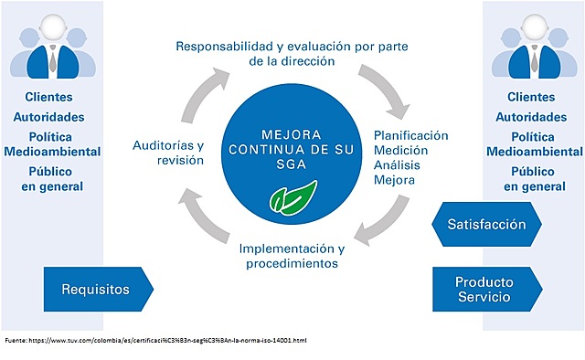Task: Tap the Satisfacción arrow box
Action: coord(486,224)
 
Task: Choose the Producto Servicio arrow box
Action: coord(484,289)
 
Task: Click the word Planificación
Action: coord(411,135)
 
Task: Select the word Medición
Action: coord(401,150)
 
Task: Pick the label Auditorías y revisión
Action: coord(168,152)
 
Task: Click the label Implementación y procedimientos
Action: coord(291,256)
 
